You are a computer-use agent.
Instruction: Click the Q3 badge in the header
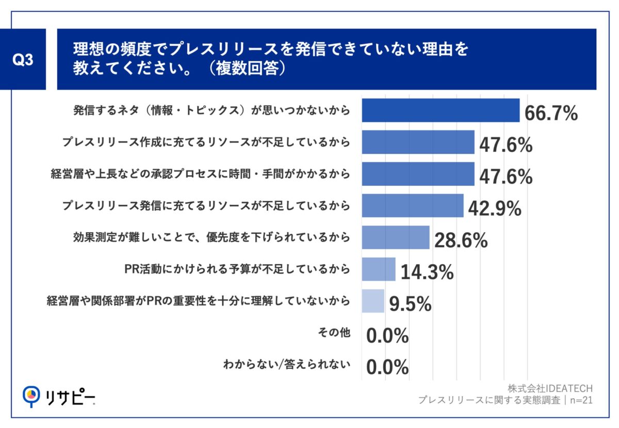click(x=23, y=60)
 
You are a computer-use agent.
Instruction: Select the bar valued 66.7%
click(x=441, y=110)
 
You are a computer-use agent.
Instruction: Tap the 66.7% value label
click(x=551, y=113)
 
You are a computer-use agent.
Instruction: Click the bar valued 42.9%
click(x=413, y=206)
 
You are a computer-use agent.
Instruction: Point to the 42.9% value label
click(x=495, y=209)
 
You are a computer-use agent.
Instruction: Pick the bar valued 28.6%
click(x=396, y=237)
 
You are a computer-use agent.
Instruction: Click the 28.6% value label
click(x=461, y=241)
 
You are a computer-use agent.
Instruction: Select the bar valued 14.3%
click(x=379, y=269)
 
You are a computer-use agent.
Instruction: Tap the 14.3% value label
click(x=427, y=272)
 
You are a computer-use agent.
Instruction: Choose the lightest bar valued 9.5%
click(x=373, y=301)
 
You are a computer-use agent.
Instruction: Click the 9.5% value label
click(x=410, y=304)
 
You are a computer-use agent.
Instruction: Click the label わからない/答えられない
click(x=287, y=365)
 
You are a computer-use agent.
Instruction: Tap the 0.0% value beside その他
click(x=387, y=336)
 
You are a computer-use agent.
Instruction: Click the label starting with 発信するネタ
click(x=211, y=110)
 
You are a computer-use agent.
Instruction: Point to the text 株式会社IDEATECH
click(x=550, y=388)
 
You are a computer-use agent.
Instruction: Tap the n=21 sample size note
click(x=579, y=400)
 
